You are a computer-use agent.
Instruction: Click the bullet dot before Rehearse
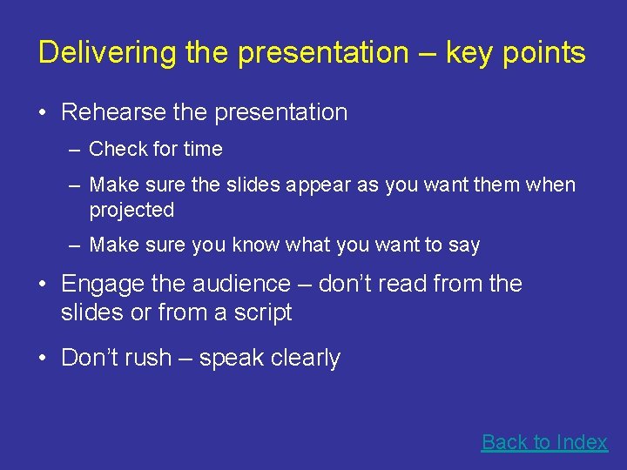[43, 112]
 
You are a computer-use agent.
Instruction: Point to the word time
[203, 150]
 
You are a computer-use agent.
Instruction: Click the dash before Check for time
[76, 150]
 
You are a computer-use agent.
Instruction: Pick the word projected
[131, 211]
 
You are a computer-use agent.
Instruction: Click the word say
[464, 245]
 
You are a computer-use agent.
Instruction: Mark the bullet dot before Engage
[43, 284]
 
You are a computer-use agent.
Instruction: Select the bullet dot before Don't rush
[43, 358]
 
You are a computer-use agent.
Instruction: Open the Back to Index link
[544, 442]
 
